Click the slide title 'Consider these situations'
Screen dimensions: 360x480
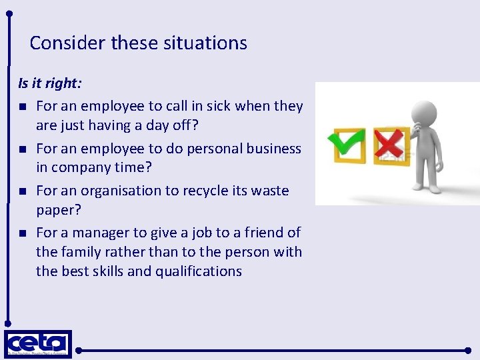(138, 43)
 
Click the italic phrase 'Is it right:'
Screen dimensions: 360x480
(50, 84)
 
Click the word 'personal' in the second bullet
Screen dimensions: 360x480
(193, 149)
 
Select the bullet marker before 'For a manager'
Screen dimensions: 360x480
(22, 233)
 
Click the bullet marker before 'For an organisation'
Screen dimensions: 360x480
(22, 191)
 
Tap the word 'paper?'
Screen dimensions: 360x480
(58, 210)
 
